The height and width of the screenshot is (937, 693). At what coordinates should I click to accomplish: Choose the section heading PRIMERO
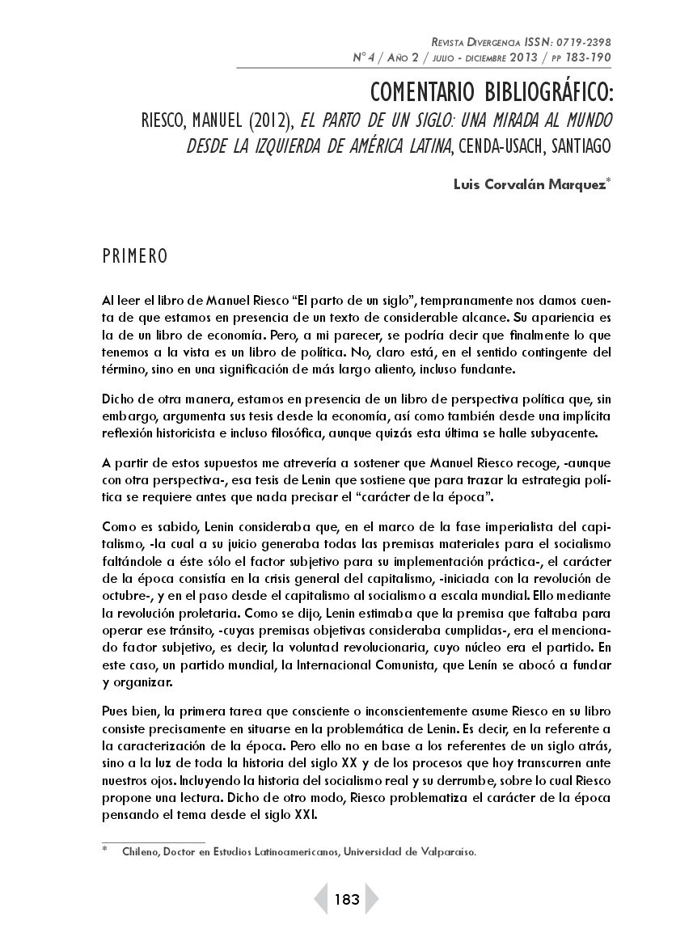(135, 257)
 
